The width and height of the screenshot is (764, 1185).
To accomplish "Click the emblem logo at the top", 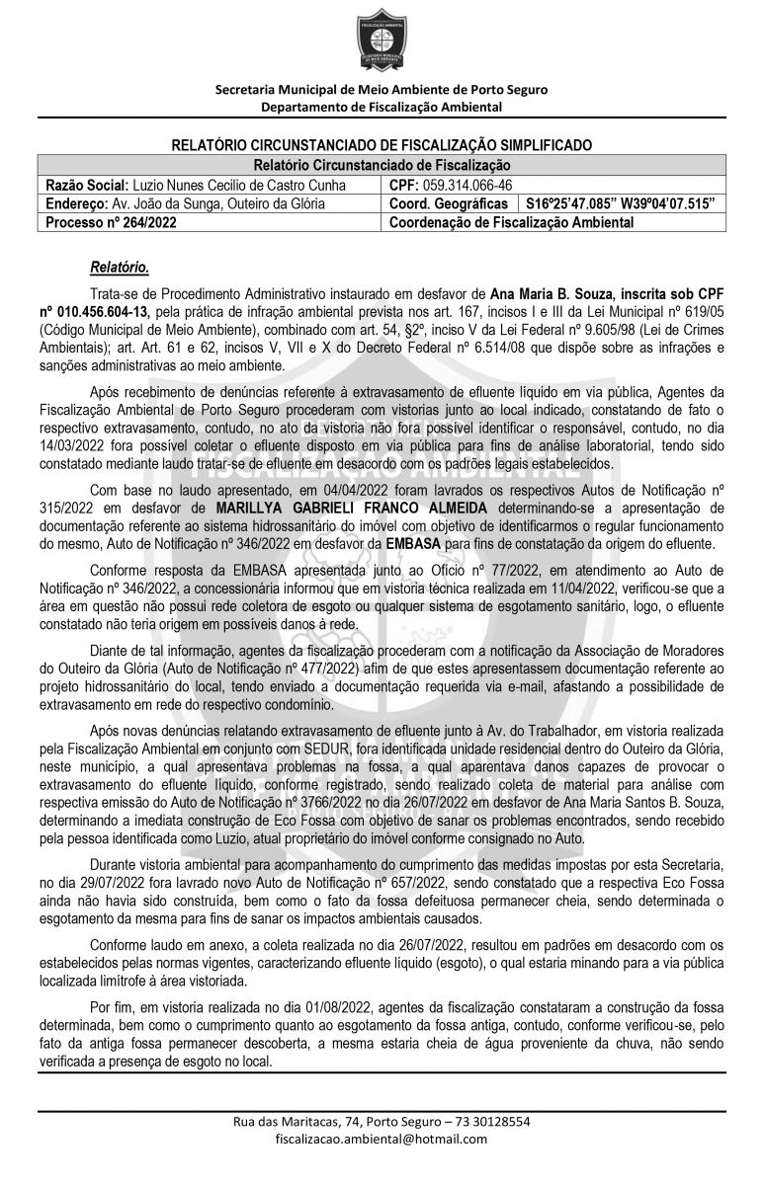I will pos(381,41).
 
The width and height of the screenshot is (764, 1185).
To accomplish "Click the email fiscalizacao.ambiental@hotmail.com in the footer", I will pos(382,1138).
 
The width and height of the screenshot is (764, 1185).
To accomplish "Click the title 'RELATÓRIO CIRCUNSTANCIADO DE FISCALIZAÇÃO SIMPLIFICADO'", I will pos(382,144).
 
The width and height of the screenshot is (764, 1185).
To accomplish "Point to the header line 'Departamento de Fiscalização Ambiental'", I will pos(382,107).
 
